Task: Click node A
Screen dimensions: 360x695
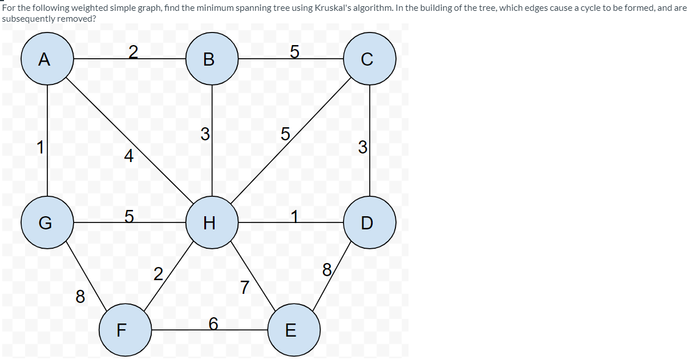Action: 47,59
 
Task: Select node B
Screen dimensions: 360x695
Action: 212,59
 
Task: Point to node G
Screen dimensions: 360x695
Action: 47,223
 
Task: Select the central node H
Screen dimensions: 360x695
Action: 212,223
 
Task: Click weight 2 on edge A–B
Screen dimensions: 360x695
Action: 132,52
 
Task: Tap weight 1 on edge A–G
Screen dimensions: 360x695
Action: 40,147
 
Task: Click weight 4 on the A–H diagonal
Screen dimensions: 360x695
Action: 128,156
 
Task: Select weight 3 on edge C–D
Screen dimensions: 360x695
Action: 362,147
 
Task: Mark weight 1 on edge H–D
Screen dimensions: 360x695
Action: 294,216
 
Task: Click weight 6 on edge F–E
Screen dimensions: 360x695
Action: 213,323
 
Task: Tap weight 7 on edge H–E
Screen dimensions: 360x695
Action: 244,288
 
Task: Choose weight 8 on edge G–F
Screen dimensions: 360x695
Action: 80,297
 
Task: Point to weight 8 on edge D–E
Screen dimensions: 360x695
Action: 326,270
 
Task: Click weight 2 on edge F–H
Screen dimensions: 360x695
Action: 158,273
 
